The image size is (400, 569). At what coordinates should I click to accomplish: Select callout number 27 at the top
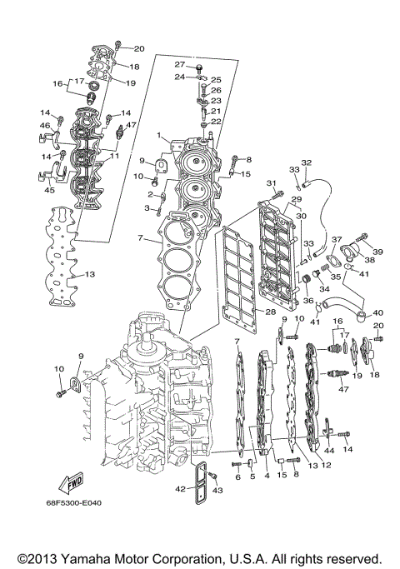[x=179, y=64]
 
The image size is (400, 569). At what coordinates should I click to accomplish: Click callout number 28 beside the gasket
[x=271, y=312]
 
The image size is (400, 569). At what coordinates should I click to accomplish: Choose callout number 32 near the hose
[x=306, y=162]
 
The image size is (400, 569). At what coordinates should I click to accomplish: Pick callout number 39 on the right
[x=377, y=252]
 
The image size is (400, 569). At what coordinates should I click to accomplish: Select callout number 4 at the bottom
[x=266, y=476]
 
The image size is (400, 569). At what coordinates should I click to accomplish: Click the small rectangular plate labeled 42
[x=201, y=482]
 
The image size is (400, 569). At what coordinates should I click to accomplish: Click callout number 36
[x=307, y=301]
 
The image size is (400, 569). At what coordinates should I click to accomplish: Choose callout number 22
[x=215, y=122]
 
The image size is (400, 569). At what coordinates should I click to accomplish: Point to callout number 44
[x=329, y=451]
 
